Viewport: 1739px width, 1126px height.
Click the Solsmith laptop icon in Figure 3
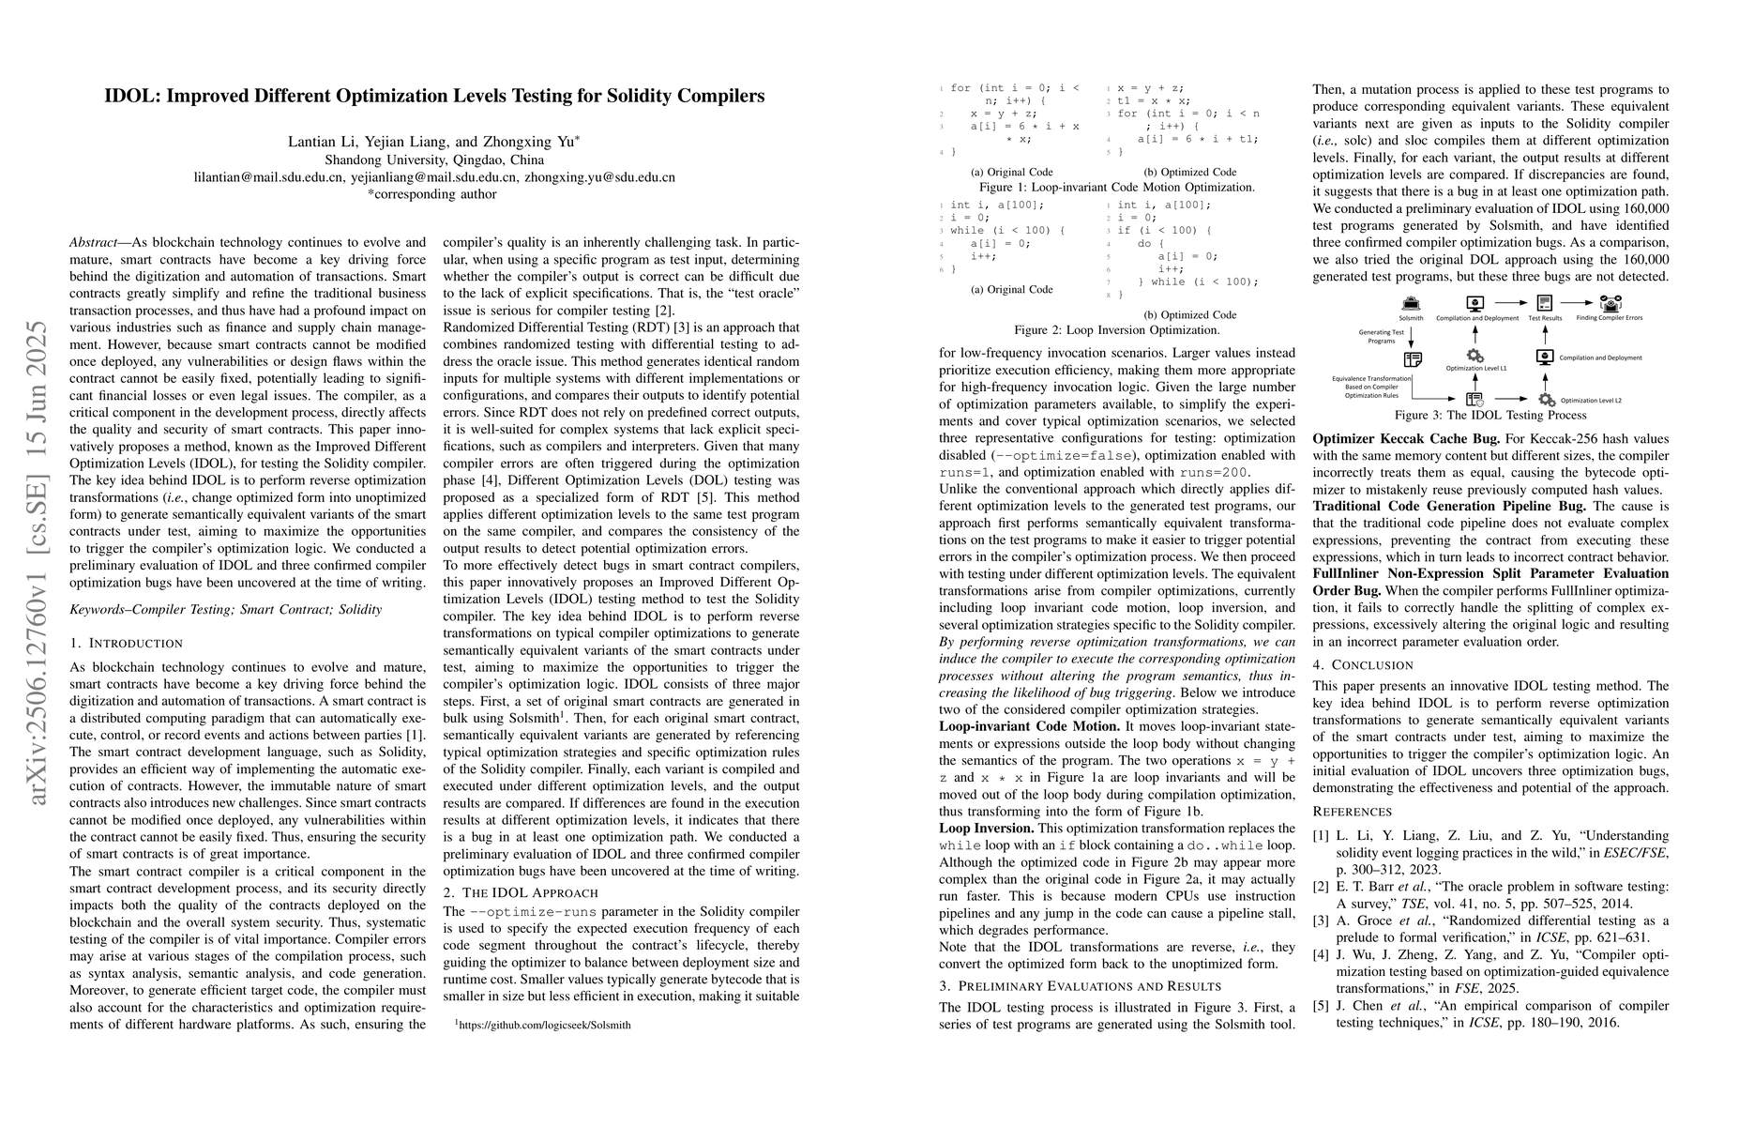tap(1411, 304)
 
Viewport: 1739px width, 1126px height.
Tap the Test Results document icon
tap(1544, 303)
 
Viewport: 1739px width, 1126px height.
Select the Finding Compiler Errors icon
tap(1610, 303)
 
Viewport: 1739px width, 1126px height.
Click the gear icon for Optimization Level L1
tap(1475, 356)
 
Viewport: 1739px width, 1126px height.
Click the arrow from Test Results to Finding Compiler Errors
tap(1578, 303)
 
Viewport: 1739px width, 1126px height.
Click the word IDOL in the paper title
tap(129, 96)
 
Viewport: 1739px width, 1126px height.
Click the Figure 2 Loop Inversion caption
tap(1116, 331)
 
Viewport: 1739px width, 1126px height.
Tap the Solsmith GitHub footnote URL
tap(543, 1026)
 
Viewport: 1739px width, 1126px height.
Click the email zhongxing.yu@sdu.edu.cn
tap(599, 177)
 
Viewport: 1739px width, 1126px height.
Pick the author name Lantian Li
tap(321, 143)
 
